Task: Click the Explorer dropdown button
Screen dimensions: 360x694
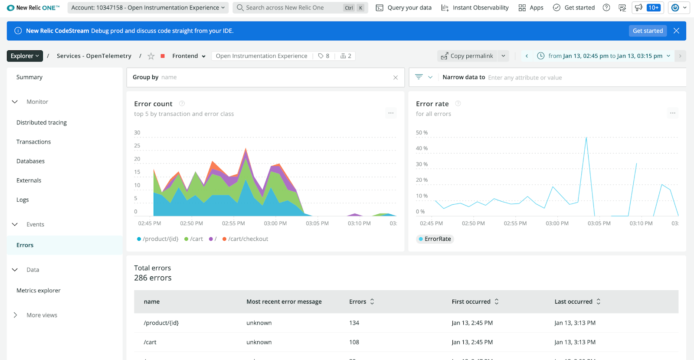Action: [25, 56]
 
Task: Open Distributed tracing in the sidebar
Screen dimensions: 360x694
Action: [42, 123]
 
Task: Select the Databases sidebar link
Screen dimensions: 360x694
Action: [30, 161]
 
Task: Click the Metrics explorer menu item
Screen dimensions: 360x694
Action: [38, 291]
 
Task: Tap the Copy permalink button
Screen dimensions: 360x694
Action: [468, 56]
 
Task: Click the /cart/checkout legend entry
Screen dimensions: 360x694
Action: [246, 239]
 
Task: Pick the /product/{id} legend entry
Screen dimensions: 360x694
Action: [158, 239]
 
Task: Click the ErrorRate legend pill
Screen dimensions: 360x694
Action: [435, 239]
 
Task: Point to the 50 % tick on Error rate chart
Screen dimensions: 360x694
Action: [422, 133]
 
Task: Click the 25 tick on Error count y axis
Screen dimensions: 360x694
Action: [137, 146]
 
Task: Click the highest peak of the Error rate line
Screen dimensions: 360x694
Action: [586, 138]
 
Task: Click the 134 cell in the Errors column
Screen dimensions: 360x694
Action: [354, 323]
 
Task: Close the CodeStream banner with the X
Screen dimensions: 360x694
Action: [676, 31]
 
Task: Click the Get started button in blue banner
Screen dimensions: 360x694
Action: [647, 31]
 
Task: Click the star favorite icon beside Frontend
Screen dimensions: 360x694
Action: [151, 56]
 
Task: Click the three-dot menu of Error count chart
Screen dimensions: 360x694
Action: [391, 113]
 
